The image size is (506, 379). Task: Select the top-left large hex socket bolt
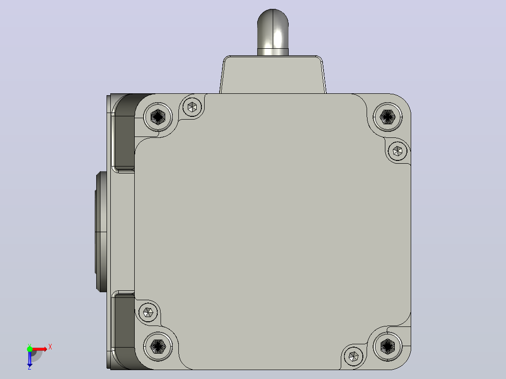pyautogui.click(x=158, y=116)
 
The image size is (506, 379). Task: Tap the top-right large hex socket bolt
pyautogui.click(x=388, y=116)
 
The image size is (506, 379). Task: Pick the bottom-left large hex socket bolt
pyautogui.click(x=158, y=346)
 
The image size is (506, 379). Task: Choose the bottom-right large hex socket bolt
pyautogui.click(x=388, y=346)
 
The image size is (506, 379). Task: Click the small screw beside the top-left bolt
pyautogui.click(x=192, y=107)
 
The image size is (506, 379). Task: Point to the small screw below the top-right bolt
pyautogui.click(x=397, y=151)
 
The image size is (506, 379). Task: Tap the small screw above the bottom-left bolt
pyautogui.click(x=148, y=312)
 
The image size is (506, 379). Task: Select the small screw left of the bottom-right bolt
pyautogui.click(x=353, y=356)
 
